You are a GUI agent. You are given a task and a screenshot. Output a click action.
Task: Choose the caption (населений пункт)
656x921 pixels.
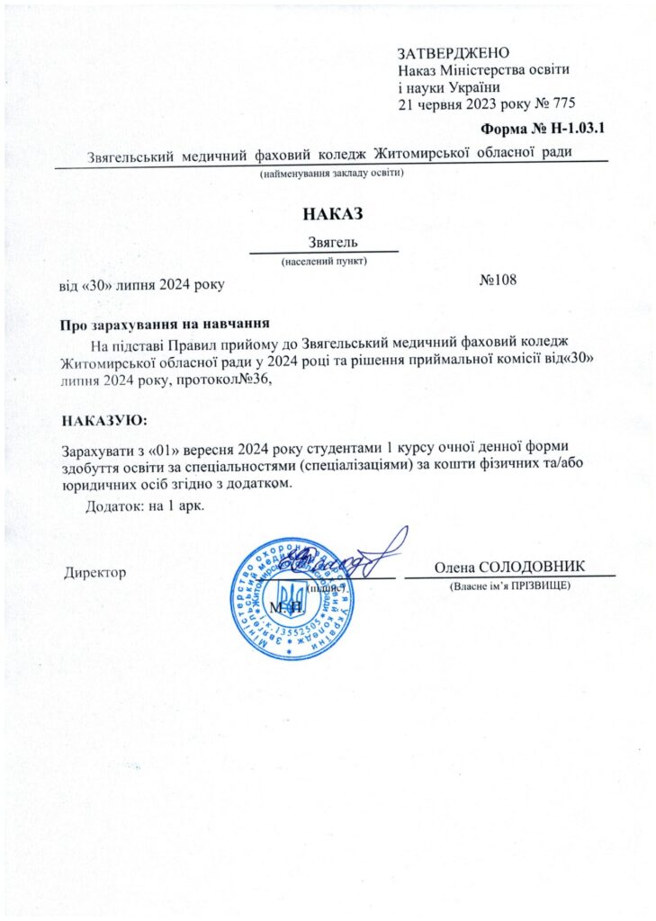(x=324, y=262)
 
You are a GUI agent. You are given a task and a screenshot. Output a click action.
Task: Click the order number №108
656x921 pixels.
(x=498, y=280)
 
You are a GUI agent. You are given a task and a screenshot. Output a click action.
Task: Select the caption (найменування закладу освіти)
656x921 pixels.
(x=332, y=172)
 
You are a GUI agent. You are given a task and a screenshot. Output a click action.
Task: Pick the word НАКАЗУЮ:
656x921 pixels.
(x=103, y=420)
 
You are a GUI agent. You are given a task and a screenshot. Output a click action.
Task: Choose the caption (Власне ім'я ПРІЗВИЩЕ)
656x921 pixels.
(x=509, y=586)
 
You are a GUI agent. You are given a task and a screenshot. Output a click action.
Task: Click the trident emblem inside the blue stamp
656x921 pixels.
(x=292, y=595)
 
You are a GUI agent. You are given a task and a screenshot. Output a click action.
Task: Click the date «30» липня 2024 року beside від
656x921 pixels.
(x=152, y=285)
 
